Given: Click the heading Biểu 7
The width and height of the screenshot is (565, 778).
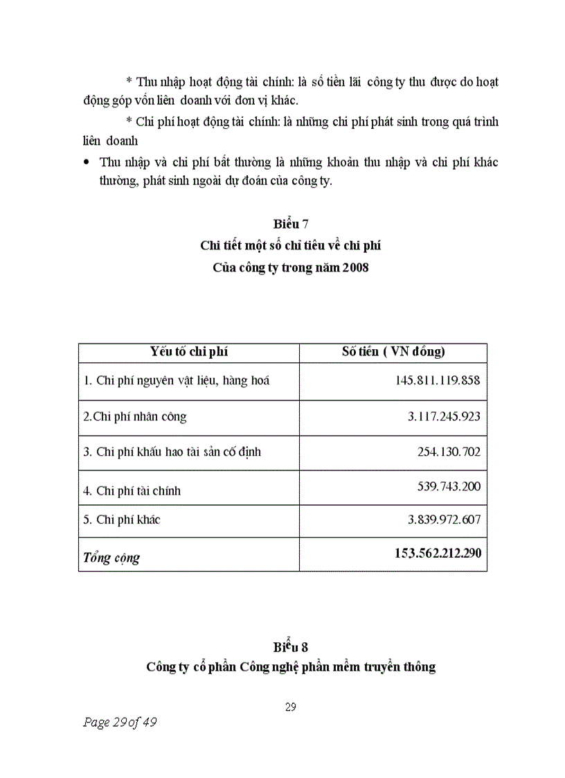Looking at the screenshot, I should (290, 224).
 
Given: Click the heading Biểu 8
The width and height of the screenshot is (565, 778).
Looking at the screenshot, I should (290, 646).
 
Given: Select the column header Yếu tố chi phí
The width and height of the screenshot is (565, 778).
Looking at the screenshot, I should (189, 351).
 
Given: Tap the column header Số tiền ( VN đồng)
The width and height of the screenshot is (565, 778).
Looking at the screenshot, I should (393, 351).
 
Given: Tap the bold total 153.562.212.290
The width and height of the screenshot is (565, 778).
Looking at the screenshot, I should (427, 553).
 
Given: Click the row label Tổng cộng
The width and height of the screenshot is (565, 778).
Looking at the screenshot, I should (111, 557).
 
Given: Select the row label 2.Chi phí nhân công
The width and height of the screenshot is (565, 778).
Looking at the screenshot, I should (134, 416).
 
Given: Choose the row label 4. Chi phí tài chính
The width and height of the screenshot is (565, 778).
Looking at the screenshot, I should (132, 490).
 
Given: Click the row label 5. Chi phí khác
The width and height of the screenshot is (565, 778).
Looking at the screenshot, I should (121, 519).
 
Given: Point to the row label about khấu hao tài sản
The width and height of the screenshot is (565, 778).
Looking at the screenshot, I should (172, 452).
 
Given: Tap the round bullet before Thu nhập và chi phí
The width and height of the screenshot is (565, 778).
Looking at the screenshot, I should (86, 162).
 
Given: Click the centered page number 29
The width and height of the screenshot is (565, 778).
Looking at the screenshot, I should (290, 707).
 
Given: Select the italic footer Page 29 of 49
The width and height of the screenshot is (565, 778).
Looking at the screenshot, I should (119, 723).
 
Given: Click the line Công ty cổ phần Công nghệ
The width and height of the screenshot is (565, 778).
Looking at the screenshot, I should (290, 667).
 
